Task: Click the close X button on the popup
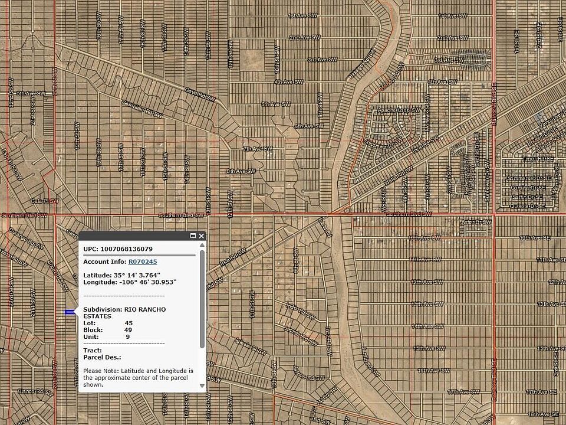[x=202, y=236]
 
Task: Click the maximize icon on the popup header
[x=193, y=236]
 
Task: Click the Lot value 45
[x=129, y=323]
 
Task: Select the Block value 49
[x=129, y=330]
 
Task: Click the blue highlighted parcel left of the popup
[x=70, y=312]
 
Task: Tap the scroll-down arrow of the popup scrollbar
[x=202, y=385]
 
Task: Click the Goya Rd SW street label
[x=182, y=91]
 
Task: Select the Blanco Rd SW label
[x=35, y=391]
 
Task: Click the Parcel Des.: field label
[x=102, y=357]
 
